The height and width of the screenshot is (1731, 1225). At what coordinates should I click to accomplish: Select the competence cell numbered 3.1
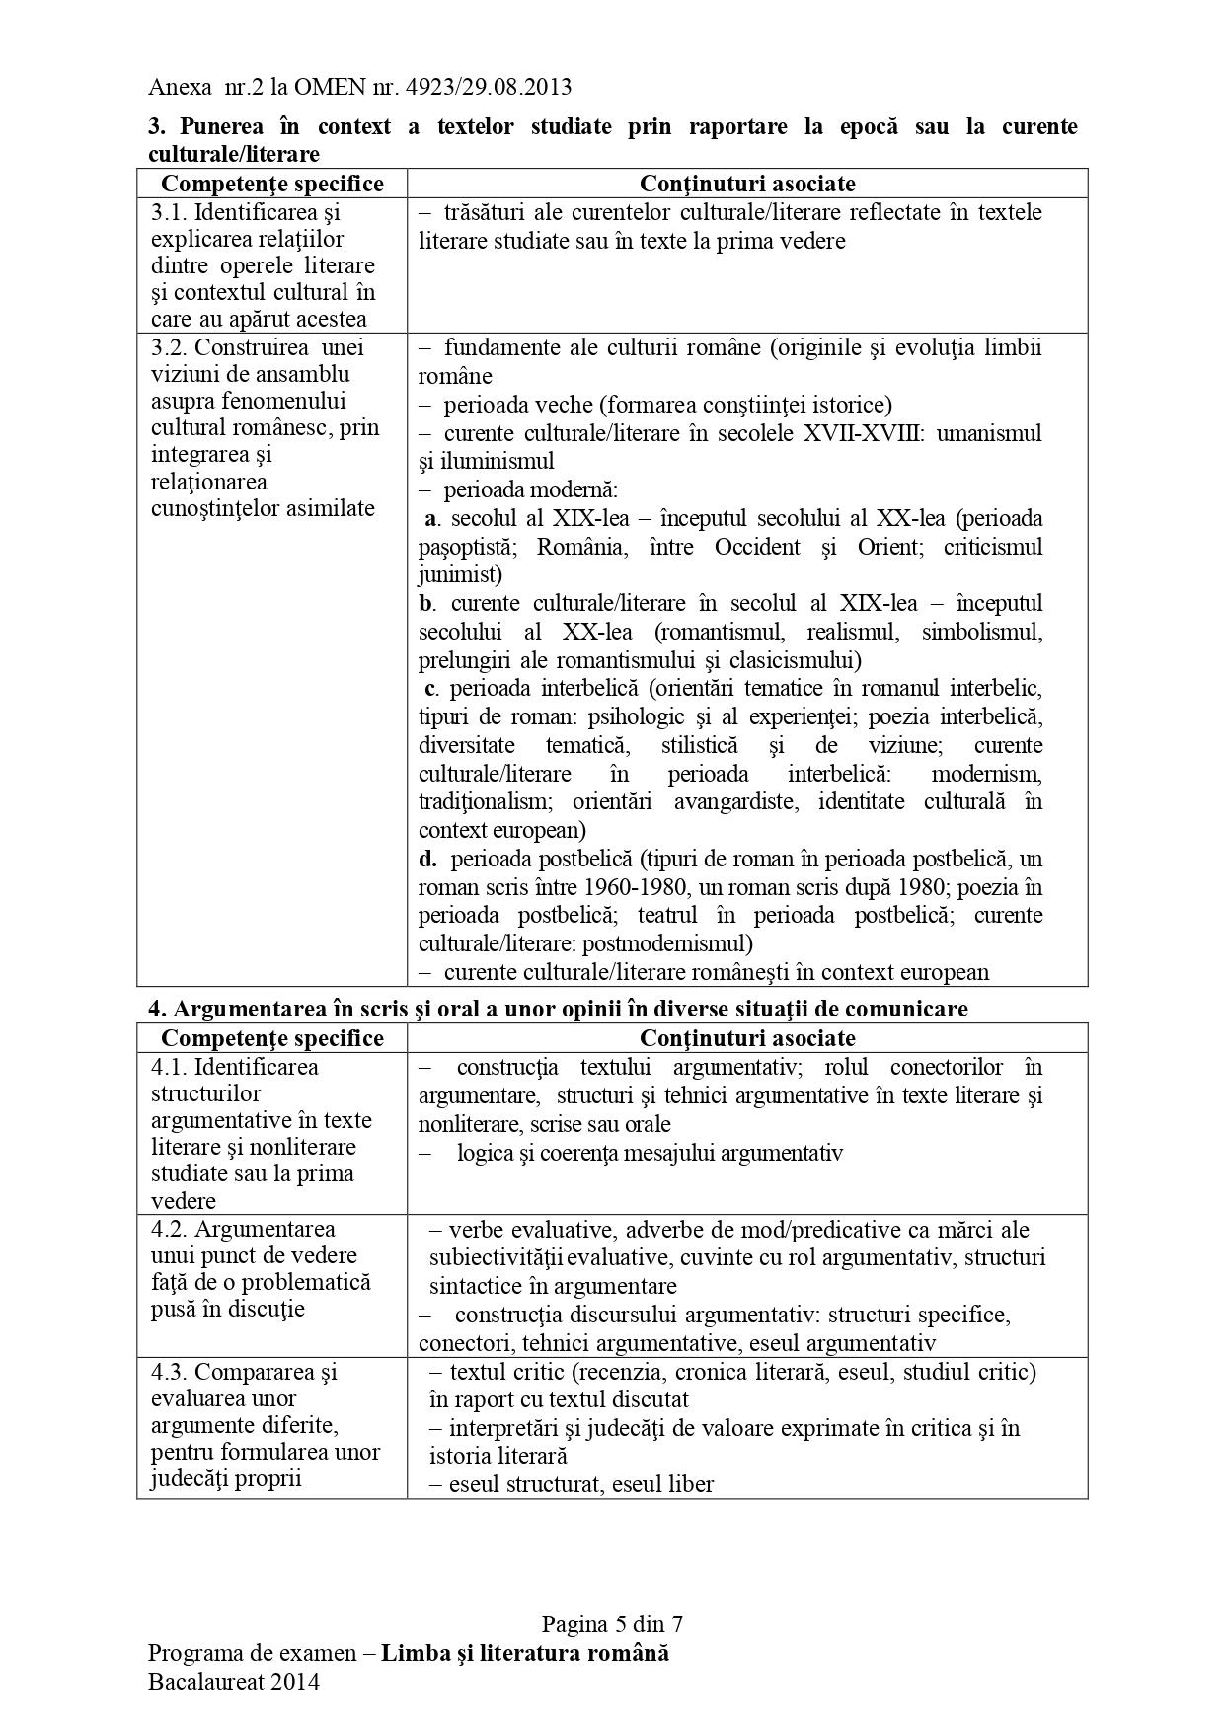[x=270, y=264]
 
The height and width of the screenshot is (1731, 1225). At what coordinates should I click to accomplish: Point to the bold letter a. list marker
[x=430, y=519]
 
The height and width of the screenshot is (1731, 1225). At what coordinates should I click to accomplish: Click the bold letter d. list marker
[x=427, y=859]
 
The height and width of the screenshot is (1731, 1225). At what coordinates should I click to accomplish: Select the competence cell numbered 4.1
[x=270, y=1133]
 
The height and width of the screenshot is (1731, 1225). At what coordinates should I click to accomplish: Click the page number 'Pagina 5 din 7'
[x=612, y=1624]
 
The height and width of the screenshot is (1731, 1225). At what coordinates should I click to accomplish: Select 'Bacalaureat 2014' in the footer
[x=233, y=1683]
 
